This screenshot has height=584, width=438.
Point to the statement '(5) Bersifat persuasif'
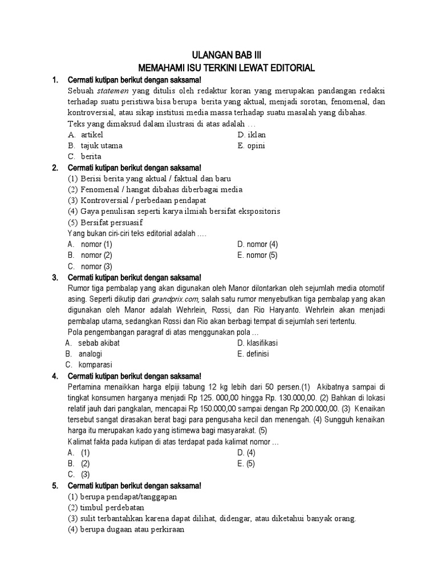(105, 222)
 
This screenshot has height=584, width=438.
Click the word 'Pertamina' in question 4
(86, 387)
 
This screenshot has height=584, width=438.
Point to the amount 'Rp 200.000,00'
(300, 408)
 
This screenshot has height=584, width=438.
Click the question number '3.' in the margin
(55, 278)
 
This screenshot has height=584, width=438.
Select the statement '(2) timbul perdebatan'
(106, 508)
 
